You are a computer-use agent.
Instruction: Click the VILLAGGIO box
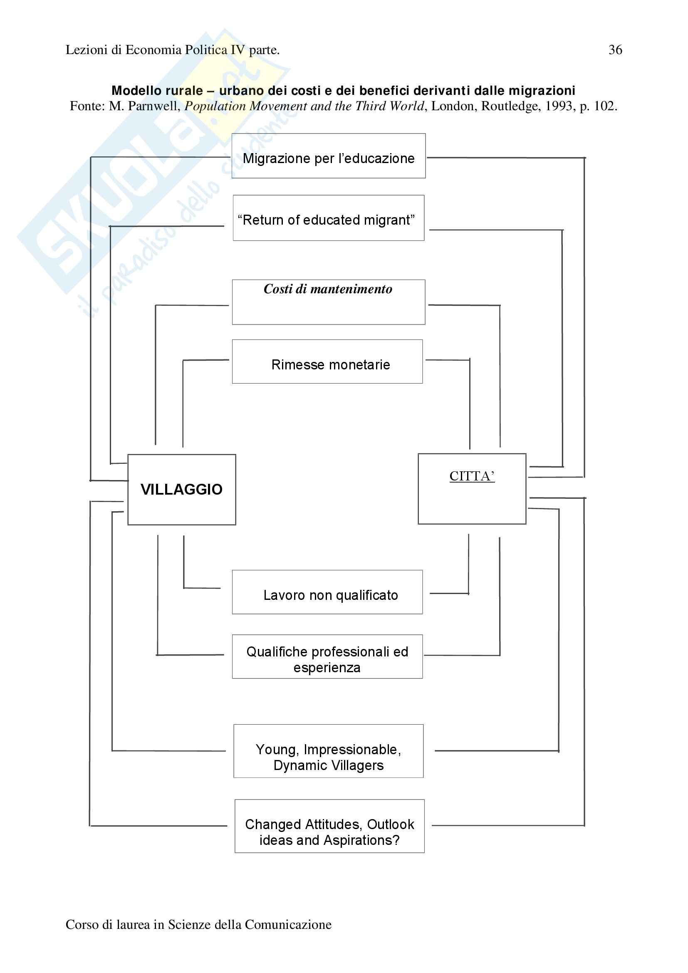tap(182, 490)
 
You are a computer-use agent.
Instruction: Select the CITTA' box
tap(472, 489)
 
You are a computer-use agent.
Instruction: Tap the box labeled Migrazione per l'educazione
tap(328, 156)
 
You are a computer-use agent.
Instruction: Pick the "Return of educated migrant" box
tap(328, 218)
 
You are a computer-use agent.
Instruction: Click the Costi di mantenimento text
tap(328, 289)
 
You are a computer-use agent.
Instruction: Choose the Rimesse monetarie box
tap(327, 361)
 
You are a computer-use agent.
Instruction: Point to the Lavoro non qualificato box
tap(327, 592)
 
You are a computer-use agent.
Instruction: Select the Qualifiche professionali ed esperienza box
tap(327, 656)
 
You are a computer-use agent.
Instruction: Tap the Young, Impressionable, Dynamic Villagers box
tap(328, 751)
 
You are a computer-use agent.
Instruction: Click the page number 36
tap(615, 50)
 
